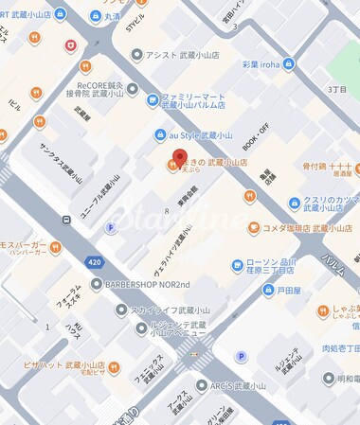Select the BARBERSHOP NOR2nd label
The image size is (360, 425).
coord(146,284)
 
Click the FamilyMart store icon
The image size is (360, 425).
coord(153,98)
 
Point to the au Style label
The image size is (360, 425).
coord(200,135)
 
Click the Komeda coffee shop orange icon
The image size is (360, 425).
coord(254,228)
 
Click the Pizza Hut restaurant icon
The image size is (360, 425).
coord(113,366)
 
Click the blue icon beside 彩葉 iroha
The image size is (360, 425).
coord(288,64)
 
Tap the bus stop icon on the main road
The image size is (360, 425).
coord(66,220)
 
